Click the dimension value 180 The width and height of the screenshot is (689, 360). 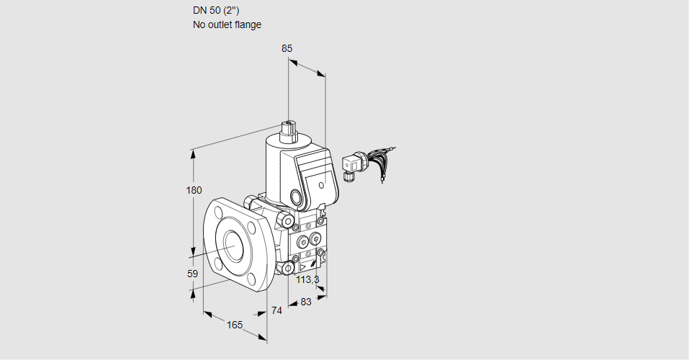pos(194,191)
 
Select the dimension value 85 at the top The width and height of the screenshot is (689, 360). pos(287,48)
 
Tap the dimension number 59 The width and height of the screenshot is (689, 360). pos(192,274)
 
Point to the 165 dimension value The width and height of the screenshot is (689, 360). pos(235,325)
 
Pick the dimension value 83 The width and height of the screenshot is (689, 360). pos(305,302)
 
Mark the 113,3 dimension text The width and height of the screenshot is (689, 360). pos(307,279)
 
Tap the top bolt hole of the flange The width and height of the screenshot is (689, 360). pos(219,211)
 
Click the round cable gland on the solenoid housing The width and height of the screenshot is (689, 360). pos(295,197)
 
